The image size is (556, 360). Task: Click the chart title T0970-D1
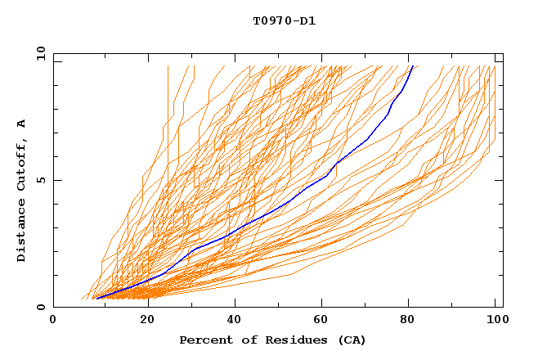click(x=284, y=20)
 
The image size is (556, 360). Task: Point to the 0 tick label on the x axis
click(x=53, y=320)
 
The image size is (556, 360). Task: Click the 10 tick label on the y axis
click(x=40, y=53)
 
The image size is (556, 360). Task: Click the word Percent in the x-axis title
click(x=203, y=340)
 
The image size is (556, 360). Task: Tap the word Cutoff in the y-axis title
click(x=22, y=169)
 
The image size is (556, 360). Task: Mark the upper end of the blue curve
click(x=413, y=66)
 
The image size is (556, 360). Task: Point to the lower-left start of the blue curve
click(x=96, y=299)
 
